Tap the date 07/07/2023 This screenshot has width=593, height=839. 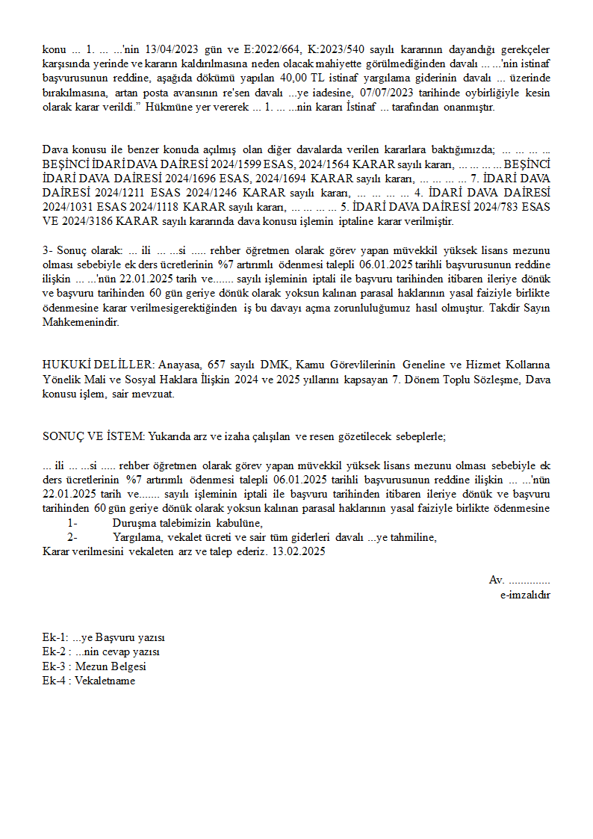tap(386, 93)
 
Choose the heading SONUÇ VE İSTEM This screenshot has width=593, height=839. tap(93, 436)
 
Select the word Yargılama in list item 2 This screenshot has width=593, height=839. tap(136, 537)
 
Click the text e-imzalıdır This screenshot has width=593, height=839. tap(525, 595)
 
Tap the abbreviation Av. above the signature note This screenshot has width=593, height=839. tap(497, 581)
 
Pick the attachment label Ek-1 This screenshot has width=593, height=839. tap(54, 638)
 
